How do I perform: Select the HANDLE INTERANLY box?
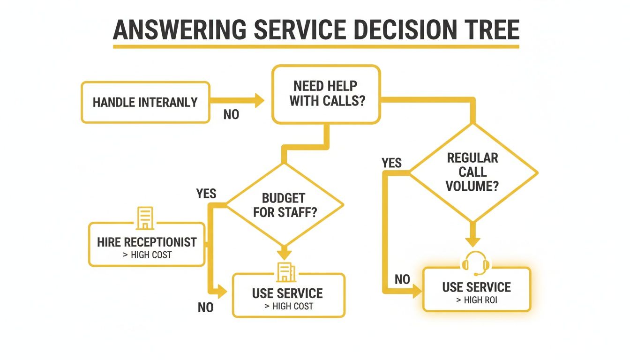pos(145,102)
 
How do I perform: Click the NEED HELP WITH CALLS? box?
pos(326,94)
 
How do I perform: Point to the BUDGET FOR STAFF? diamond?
pos(285,205)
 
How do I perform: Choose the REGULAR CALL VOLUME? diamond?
pos(472,172)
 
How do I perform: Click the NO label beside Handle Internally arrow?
pos(231,114)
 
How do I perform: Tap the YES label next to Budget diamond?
pos(206,193)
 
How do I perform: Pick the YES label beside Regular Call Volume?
pos(391,163)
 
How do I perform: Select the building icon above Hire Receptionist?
pos(145,218)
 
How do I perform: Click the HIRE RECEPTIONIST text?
pos(147,242)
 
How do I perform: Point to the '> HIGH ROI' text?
pos(477,300)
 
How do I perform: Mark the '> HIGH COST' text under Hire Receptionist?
pos(147,255)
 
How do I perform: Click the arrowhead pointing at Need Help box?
pos(259,100)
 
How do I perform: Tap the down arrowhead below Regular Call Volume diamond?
pos(472,240)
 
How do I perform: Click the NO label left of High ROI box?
pos(402,280)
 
